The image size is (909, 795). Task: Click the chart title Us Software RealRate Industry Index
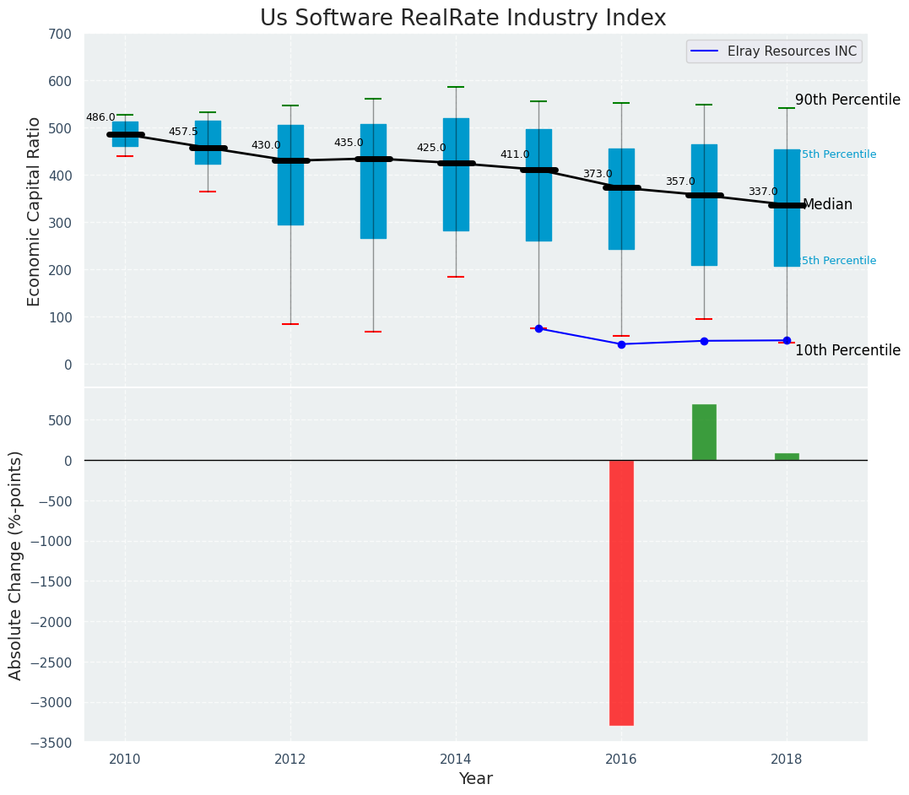tap(463, 19)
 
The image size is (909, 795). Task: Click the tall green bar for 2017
tap(704, 432)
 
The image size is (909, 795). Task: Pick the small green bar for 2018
tap(787, 457)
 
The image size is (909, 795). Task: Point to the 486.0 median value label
tap(100, 118)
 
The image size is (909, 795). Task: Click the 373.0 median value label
tap(598, 175)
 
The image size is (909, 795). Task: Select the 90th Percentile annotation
tap(847, 100)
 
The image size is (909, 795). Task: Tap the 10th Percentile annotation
tap(847, 350)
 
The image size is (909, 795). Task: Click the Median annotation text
tap(827, 205)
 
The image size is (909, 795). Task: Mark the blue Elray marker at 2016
tap(621, 344)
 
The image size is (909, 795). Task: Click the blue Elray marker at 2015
tap(538, 328)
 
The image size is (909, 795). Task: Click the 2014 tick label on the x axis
tap(456, 758)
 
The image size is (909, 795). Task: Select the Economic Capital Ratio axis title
tap(35, 211)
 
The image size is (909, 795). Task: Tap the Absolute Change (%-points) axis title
tap(16, 565)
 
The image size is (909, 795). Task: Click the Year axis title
tap(475, 779)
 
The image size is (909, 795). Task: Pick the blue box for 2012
tap(290, 175)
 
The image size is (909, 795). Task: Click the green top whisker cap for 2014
tap(456, 87)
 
